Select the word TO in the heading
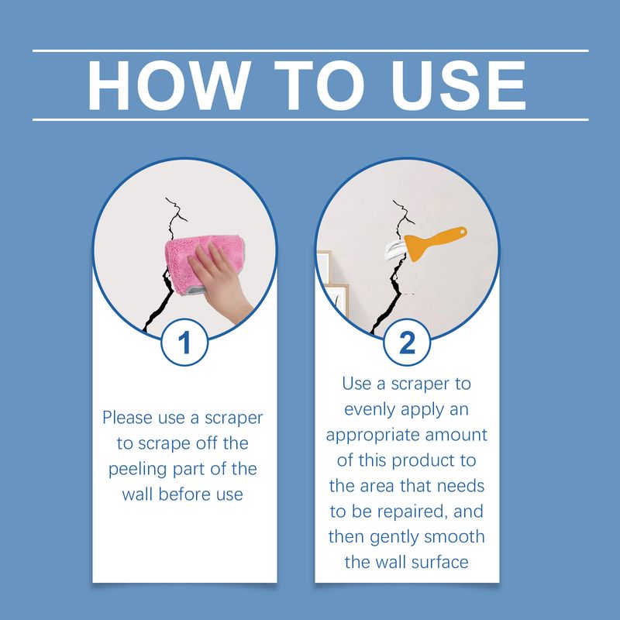point(308,85)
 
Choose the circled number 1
point(184,343)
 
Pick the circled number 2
point(407,343)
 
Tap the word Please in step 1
point(129,418)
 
